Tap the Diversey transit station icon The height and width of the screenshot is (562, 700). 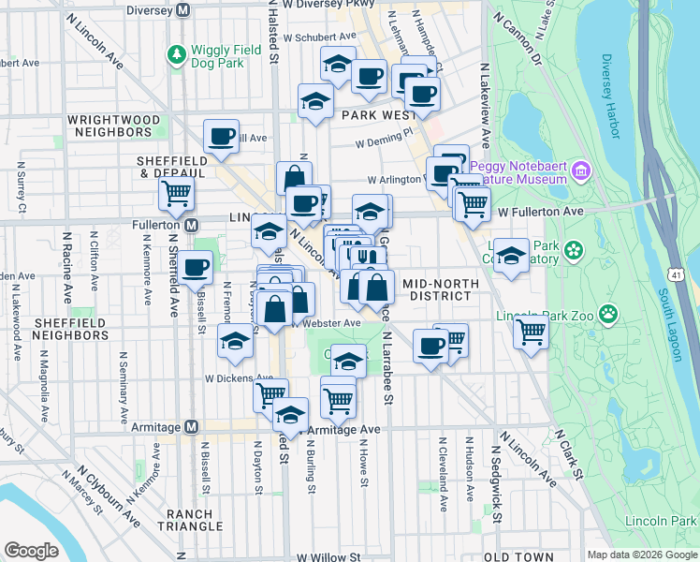[x=183, y=10]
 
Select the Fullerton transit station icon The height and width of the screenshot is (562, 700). [x=192, y=226]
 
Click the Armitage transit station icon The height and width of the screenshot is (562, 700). [x=192, y=427]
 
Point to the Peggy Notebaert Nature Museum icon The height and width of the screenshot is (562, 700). [x=581, y=171]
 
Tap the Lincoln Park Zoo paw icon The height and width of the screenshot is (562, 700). [x=609, y=313]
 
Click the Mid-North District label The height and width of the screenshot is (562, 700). [x=435, y=289]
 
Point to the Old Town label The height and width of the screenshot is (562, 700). [x=519, y=556]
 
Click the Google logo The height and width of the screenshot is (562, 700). [x=32, y=551]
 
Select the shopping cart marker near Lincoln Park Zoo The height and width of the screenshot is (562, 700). [x=531, y=330]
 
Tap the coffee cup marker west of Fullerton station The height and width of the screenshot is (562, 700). [x=196, y=268]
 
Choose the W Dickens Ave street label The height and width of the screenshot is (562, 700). [x=240, y=378]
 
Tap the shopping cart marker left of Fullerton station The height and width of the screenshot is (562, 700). [x=176, y=194]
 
